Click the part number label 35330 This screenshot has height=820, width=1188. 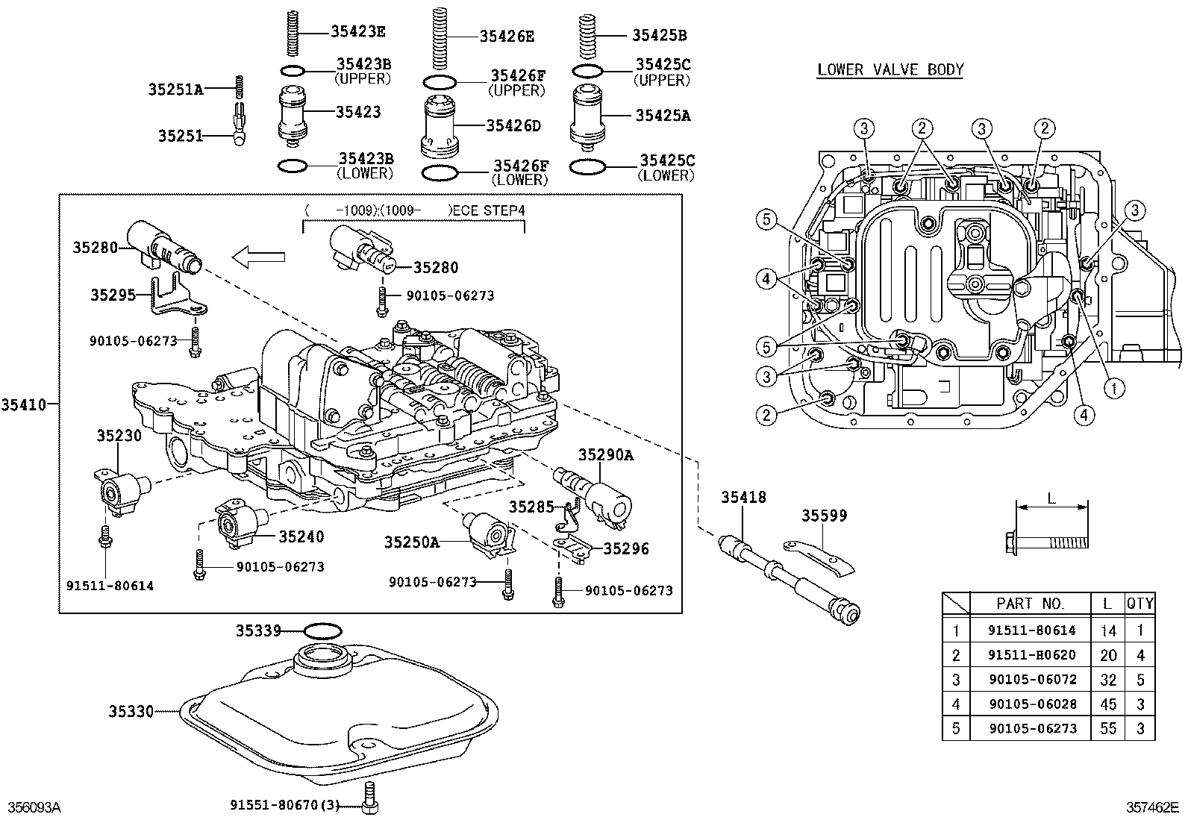coord(131,712)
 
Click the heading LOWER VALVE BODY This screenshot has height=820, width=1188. coord(890,70)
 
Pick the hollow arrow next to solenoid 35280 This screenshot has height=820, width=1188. coord(258,257)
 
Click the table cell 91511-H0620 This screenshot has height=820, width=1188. coord(1031,655)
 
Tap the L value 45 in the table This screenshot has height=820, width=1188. coord(1108,704)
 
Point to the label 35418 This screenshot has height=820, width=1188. coord(742,497)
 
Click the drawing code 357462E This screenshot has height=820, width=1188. coord(1151,807)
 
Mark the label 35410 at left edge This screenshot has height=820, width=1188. coord(23,404)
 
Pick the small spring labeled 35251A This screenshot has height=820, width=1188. coord(240,87)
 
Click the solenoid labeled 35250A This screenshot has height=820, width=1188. coord(491,534)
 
